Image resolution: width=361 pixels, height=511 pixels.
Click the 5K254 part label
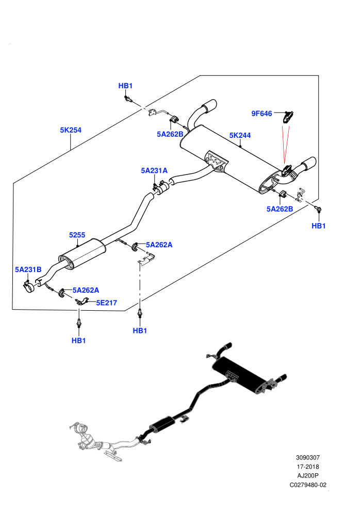point(71,130)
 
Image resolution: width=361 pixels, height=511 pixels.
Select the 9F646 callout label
point(261,114)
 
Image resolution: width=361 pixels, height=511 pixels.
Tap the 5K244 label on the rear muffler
point(240,135)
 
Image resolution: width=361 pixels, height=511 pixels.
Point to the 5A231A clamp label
point(154,170)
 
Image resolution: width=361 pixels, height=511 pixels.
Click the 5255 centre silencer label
point(77,235)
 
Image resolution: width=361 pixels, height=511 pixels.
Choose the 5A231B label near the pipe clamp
point(28,269)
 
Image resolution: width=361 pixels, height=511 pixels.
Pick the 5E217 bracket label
point(106,303)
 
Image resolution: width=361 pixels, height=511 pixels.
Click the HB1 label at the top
point(125,86)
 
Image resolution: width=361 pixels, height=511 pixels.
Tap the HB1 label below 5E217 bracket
point(78,341)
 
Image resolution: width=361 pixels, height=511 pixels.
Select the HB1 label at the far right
point(319,226)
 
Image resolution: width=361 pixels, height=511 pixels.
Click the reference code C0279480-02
point(308,485)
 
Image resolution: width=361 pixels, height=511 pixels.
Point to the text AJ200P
point(308,476)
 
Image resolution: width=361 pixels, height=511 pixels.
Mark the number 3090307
point(308,457)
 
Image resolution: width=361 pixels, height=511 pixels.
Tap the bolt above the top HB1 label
point(127,99)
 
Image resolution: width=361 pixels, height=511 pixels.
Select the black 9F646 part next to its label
point(287,117)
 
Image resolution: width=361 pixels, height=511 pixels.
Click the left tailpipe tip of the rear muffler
point(209,105)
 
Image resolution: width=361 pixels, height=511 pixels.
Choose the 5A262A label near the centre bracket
point(159,245)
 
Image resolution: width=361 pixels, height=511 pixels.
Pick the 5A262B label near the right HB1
point(280,209)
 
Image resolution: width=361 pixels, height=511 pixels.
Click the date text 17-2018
point(308,467)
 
